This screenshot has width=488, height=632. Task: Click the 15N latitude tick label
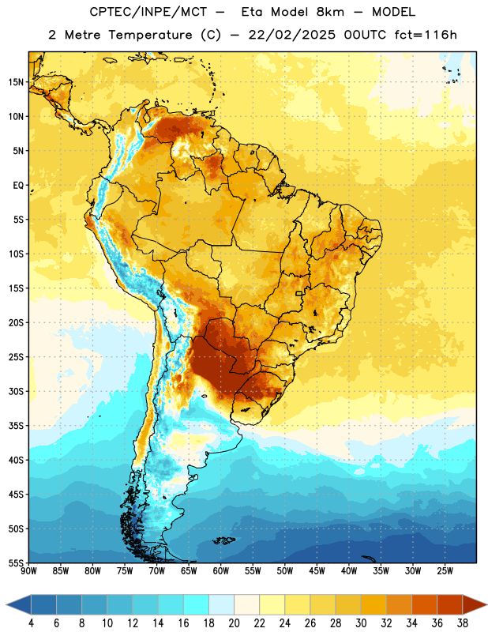click(16, 82)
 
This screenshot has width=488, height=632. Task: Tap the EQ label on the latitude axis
click(18, 186)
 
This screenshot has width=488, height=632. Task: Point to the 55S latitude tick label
click(16, 563)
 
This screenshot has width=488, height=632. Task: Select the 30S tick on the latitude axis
click(16, 391)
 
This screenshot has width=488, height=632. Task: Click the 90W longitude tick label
click(28, 571)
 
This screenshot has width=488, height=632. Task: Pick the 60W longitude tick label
click(221, 571)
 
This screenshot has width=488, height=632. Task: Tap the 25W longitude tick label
click(445, 571)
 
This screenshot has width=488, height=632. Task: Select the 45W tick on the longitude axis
click(317, 571)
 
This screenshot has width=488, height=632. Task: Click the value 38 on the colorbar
click(463, 623)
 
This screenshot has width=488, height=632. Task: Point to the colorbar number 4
click(31, 623)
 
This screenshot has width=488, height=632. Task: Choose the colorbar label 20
click(234, 623)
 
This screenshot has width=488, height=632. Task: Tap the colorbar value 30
click(361, 623)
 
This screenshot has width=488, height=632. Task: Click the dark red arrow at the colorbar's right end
click(473, 604)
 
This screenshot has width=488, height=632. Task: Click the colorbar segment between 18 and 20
click(221, 604)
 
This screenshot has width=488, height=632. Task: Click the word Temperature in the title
click(150, 35)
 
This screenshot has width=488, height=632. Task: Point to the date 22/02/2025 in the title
click(291, 35)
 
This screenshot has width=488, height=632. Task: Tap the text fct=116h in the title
click(426, 35)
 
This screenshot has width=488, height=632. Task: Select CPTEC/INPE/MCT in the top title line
click(148, 12)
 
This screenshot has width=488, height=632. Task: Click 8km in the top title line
click(330, 12)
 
